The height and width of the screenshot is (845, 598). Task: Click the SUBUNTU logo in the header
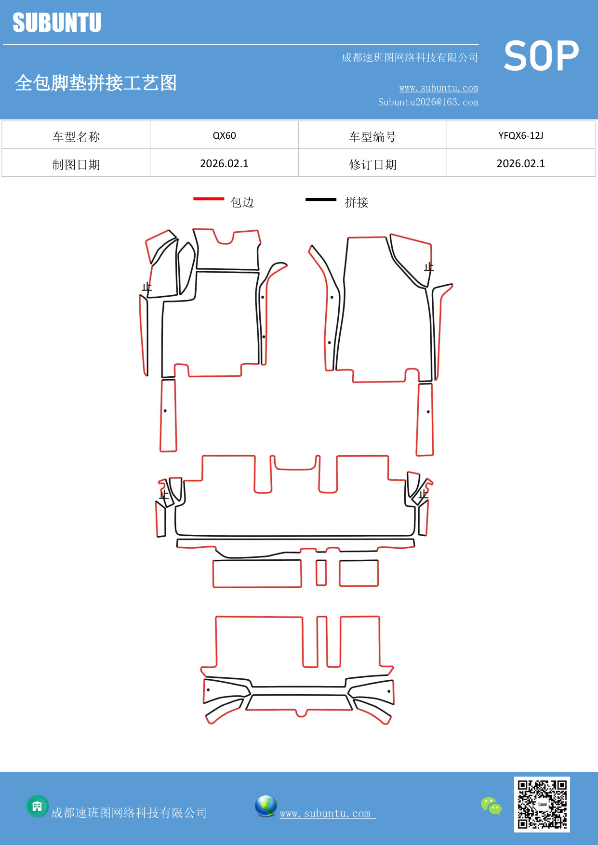point(57,23)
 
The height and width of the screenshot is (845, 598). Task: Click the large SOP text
point(541,56)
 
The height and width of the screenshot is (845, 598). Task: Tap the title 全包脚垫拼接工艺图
point(96,83)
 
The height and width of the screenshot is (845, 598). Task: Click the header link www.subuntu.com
point(439,88)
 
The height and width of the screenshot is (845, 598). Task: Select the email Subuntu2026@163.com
point(428,102)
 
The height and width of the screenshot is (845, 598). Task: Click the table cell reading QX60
point(224,135)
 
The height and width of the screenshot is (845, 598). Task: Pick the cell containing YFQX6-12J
point(520,135)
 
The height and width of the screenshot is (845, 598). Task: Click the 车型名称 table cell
point(76,137)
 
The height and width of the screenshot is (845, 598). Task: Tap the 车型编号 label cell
point(372,137)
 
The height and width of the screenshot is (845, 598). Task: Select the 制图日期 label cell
point(76,165)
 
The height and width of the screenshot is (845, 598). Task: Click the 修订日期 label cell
point(372,165)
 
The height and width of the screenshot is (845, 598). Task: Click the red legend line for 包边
point(209,198)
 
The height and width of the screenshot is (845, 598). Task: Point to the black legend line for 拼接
point(321,199)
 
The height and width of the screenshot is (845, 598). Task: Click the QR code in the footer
point(542,804)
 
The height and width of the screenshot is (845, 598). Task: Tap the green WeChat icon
point(491,805)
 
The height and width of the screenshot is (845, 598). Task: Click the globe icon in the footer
point(266,806)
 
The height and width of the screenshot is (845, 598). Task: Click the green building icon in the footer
point(37,806)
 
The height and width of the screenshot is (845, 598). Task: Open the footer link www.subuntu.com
point(325,813)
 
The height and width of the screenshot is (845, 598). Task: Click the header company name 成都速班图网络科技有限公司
point(410,58)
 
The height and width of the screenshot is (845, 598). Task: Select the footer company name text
point(129,813)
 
